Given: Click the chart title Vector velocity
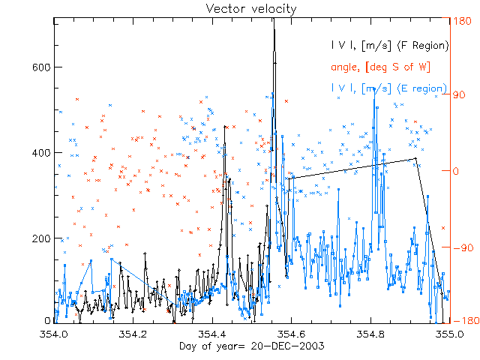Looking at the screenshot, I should [x=241, y=8].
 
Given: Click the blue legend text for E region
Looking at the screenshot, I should [x=391, y=88].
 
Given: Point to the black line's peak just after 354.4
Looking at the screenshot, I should [x=225, y=127].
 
